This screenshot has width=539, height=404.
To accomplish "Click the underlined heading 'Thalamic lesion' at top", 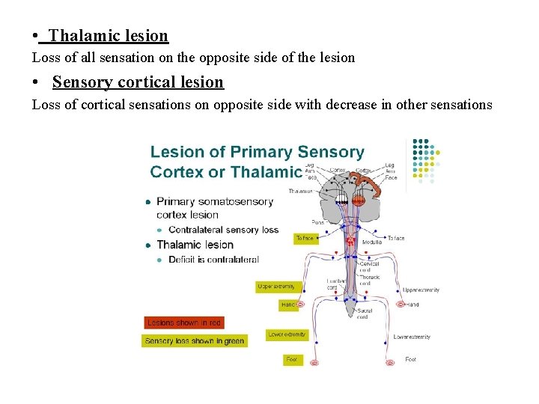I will (109, 35).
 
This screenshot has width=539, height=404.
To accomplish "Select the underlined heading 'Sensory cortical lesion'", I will (138, 82).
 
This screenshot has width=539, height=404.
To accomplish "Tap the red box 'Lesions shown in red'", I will (183, 322).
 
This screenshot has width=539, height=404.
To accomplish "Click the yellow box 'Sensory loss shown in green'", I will (194, 340).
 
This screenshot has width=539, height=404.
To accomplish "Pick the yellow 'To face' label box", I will (305, 238).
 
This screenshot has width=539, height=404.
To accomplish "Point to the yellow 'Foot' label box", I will (292, 359).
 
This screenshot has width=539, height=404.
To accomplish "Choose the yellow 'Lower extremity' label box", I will (287, 334).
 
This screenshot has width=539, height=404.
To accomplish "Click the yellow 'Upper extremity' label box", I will (276, 287).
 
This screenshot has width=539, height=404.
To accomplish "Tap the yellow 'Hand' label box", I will (288, 304).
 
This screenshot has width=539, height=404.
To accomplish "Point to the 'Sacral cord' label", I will (365, 313).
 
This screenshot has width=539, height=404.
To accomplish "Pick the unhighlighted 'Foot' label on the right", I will (410, 359).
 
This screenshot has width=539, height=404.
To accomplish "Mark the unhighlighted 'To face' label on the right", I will (395, 238).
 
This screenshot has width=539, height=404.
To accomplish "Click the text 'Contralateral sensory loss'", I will (223, 230).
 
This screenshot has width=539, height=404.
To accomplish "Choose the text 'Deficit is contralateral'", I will (213, 260).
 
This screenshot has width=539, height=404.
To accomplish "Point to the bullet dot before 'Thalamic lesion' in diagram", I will (149, 245).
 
